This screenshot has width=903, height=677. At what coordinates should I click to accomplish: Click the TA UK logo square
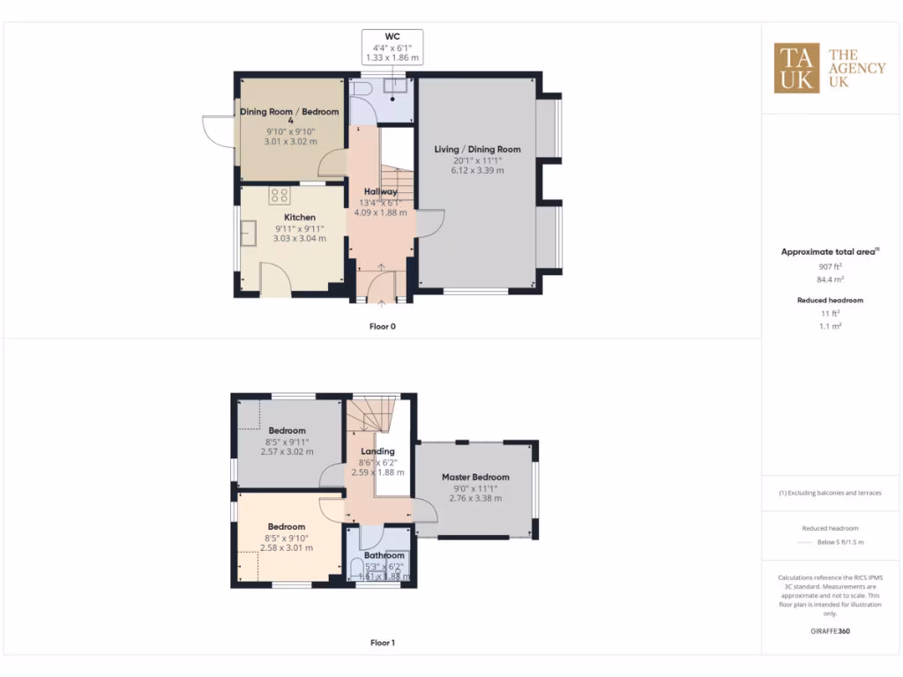point(797,68)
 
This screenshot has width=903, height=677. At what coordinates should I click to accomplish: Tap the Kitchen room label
point(299,217)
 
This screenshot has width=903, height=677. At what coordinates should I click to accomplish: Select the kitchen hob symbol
point(280,196)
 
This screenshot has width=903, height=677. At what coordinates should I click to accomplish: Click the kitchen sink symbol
point(249,233)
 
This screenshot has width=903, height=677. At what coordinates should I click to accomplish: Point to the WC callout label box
point(392,47)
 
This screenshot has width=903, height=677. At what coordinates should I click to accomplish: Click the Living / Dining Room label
point(477,149)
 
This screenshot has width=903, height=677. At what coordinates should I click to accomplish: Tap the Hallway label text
point(381,191)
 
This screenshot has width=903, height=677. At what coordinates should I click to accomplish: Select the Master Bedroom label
point(475,477)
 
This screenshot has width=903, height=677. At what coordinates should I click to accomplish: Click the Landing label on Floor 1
point(377,451)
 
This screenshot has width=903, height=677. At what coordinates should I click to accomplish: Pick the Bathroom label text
point(384,555)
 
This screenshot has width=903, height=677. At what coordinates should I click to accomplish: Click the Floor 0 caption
point(382,326)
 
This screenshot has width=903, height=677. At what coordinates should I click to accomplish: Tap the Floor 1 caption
point(382,643)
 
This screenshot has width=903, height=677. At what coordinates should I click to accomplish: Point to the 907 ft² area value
point(830,265)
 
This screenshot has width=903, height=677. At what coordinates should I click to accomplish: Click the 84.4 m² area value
point(830,279)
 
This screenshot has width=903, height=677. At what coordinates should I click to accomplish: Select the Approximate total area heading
point(830,252)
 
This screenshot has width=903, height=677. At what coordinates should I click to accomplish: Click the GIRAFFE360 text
point(830,631)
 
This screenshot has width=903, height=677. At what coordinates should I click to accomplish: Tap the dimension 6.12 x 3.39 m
point(477,170)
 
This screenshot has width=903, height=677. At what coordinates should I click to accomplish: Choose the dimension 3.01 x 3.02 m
point(290,142)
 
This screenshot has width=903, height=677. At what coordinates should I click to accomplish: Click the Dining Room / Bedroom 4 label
point(290,115)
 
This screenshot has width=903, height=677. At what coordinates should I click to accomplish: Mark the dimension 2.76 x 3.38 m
point(475,498)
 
